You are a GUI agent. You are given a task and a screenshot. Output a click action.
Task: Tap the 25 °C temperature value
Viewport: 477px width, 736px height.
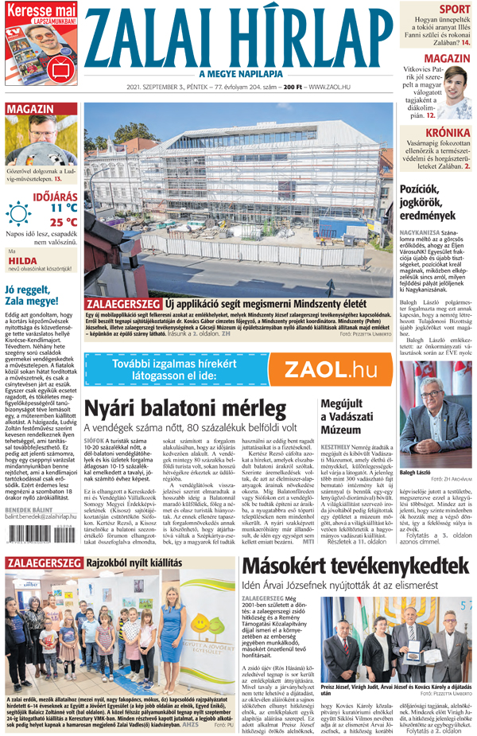(x=63, y=222)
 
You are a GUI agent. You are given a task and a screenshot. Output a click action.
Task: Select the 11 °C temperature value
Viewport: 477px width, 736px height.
(x=63, y=207)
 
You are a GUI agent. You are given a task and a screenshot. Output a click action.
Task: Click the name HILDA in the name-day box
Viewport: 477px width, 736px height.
(x=23, y=260)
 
